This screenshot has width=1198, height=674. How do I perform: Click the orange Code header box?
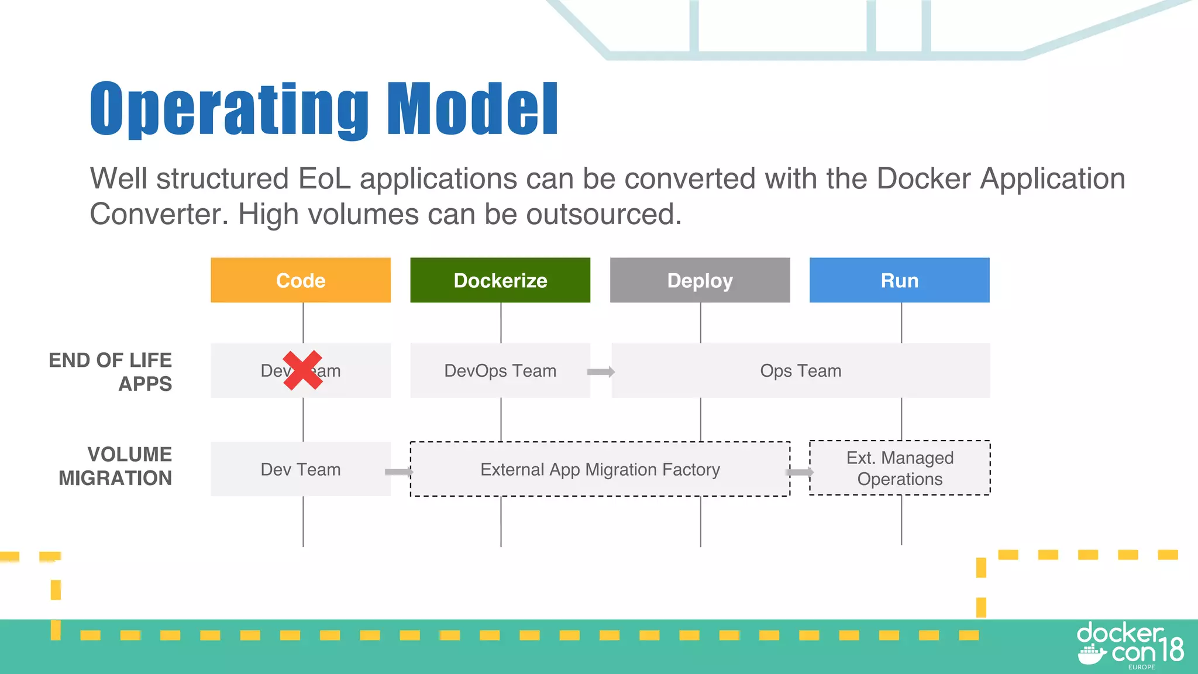[301, 280]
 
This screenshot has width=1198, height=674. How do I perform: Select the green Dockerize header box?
[500, 280]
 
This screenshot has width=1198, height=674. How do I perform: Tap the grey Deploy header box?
[700, 280]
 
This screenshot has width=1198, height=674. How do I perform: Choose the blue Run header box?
[900, 280]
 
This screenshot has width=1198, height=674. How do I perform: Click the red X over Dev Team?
[302, 370]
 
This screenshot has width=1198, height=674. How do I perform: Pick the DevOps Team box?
[500, 370]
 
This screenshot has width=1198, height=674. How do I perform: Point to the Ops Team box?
[800, 370]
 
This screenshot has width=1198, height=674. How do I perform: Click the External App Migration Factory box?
[600, 469]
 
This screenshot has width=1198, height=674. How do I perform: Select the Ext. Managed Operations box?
[900, 468]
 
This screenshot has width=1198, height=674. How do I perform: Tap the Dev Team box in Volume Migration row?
[301, 469]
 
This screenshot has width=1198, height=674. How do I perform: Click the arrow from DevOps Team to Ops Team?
[601, 372]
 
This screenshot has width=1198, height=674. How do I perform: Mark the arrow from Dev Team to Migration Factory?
[399, 472]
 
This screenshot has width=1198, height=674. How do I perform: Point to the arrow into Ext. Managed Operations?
[800, 472]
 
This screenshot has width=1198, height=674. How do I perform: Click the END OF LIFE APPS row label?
[111, 372]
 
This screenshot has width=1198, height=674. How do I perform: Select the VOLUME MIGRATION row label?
[115, 466]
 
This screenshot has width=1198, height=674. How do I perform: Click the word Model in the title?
[472, 109]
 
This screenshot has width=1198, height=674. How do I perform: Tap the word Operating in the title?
[229, 110]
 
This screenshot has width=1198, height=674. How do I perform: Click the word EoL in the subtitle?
[324, 178]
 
